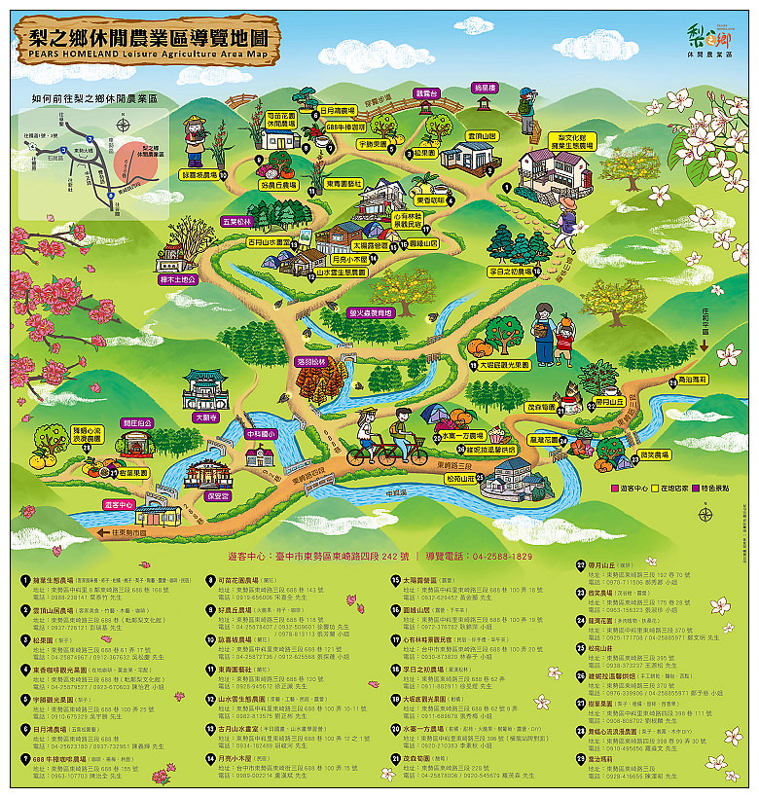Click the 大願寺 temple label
pyautogui.click(x=206, y=417)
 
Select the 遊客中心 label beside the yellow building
pyautogui.click(x=118, y=505)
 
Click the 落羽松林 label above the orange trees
pyautogui.click(x=313, y=360)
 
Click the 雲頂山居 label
pyautogui.click(x=481, y=136)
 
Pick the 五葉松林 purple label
pyautogui.click(x=237, y=221)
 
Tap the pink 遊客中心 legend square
pyautogui.click(x=615, y=488)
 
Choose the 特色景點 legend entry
pyautogui.click(x=716, y=488)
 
